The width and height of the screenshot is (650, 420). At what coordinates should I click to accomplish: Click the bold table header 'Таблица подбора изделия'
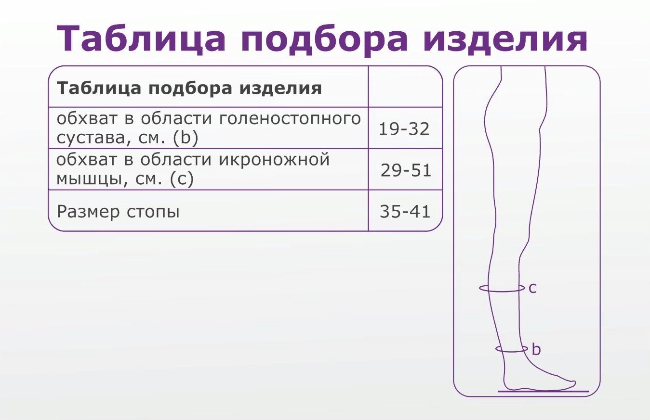(x=189, y=88)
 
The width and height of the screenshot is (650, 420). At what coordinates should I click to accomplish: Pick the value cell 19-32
(x=404, y=129)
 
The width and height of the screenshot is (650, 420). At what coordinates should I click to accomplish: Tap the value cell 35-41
(x=405, y=212)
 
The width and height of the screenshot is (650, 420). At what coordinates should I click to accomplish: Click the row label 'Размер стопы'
(x=118, y=212)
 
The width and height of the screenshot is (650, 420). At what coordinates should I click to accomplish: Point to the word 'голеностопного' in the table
(x=290, y=119)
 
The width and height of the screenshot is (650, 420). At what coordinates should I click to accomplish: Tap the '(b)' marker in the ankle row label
(x=186, y=138)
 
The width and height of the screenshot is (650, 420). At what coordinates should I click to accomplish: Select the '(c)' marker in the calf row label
(x=182, y=179)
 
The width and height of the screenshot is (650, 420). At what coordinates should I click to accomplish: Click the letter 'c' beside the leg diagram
(x=533, y=289)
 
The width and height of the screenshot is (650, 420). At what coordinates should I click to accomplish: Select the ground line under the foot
(x=543, y=391)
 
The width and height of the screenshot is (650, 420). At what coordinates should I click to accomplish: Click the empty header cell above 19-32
(x=405, y=87)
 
